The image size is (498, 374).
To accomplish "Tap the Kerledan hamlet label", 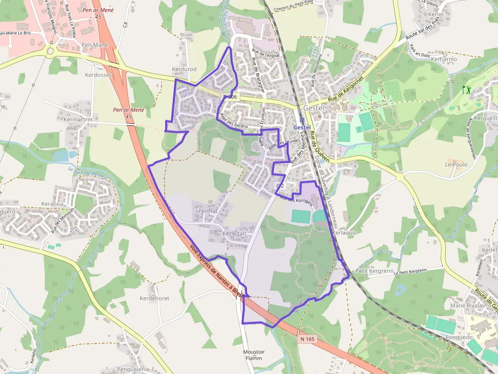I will pyautogui.click(x=234, y=233).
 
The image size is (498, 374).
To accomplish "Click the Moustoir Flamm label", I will pyautogui.click(x=253, y=355).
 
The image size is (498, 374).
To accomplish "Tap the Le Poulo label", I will pyautogui.click(x=456, y=164).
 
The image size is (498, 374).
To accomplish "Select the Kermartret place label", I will pyautogui.click(x=78, y=119).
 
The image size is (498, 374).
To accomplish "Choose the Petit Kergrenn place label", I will pyautogui.click(x=368, y=271).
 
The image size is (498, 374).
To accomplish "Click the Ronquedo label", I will pyautogui.click(x=459, y=337).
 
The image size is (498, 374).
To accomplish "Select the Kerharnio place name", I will pyautogui.click(x=444, y=59).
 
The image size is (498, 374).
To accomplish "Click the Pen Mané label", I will pyautogui.click(x=95, y=45).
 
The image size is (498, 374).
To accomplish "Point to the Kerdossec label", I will pyautogui.click(x=98, y=75).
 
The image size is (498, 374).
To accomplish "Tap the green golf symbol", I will pyautogui.click(x=466, y=90).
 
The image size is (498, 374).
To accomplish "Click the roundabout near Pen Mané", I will pyautogui.click(x=50, y=51).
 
